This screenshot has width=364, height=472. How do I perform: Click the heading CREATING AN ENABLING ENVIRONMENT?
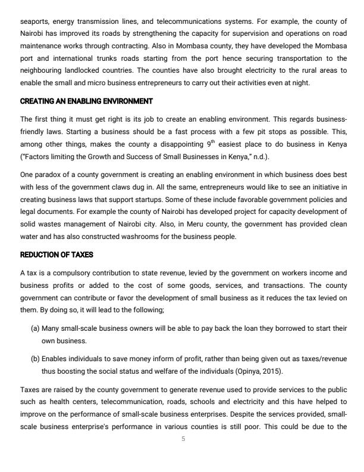click(86, 101)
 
